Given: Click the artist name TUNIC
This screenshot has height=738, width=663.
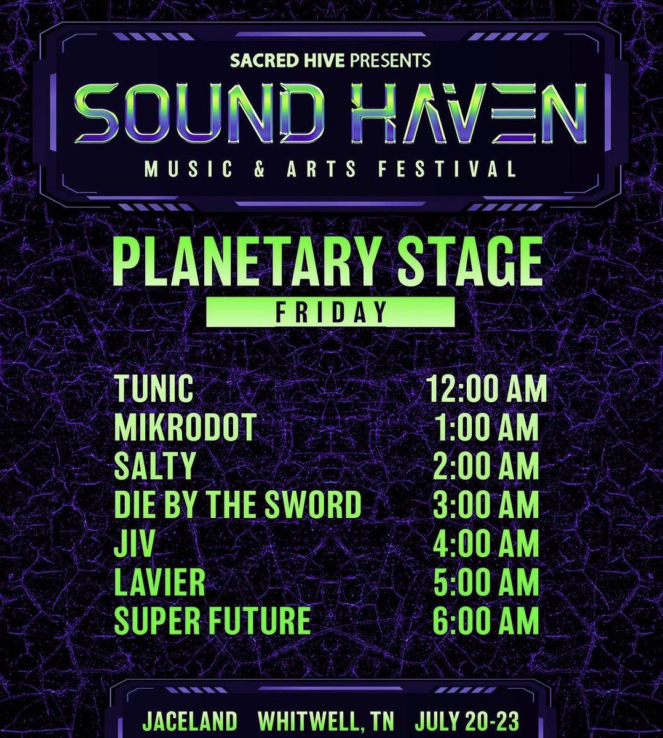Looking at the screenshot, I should click(154, 389).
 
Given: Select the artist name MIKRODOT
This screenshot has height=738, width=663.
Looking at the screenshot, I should click(185, 428).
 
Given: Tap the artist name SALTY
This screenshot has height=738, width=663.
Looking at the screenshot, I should click(154, 466).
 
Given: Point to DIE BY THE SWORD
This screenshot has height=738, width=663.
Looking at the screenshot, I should click(237, 505).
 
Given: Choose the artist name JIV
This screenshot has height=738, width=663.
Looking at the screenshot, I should click(133, 544).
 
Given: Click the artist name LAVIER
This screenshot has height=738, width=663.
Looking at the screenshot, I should click(159, 582).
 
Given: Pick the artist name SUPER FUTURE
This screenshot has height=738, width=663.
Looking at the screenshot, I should click(212, 621).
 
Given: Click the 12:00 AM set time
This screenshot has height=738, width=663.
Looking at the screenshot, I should click(486, 389).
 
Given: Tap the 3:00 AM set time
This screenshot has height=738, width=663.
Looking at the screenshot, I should click(486, 505).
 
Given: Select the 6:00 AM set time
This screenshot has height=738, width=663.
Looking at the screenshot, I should click(486, 621).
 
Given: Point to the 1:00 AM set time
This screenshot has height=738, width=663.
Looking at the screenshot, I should click(486, 428).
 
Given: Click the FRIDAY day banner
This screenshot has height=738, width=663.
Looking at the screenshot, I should click(330, 312).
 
